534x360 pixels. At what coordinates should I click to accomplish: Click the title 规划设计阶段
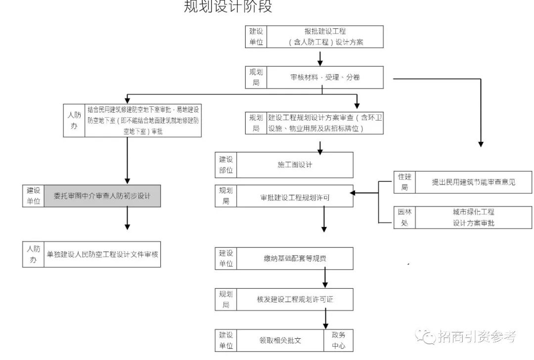pyautogui.click(x=228, y=6)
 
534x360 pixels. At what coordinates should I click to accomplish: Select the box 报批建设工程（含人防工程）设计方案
pyautogui.click(x=325, y=37)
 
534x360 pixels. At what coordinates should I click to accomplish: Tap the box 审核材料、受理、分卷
pyautogui.click(x=325, y=77)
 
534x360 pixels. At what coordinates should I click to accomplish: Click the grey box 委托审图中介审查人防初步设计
pyautogui.click(x=102, y=196)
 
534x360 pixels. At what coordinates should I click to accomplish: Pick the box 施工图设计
pyautogui.click(x=295, y=165)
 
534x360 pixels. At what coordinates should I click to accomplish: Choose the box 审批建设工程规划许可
pyautogui.click(x=295, y=197)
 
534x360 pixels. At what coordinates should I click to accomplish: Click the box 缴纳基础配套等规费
pyautogui.click(x=295, y=259)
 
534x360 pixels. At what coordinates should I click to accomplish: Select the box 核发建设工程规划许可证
pyautogui.click(x=295, y=299)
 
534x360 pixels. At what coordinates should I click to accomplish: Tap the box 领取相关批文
pyautogui.click(x=280, y=340)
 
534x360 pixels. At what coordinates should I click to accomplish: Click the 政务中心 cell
pyautogui.click(x=339, y=340)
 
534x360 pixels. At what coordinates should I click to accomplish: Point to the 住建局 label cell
pyautogui.click(x=404, y=182)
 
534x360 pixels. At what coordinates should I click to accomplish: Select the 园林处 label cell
pyautogui.click(x=404, y=218)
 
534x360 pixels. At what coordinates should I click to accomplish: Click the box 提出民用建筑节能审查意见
pyautogui.click(x=473, y=182)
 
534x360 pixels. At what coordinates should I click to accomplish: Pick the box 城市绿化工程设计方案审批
pyautogui.click(x=473, y=218)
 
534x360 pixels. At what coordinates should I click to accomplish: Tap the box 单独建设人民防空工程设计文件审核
pyautogui.click(x=102, y=254)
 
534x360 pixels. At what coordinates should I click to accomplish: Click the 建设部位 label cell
pyautogui.click(x=226, y=165)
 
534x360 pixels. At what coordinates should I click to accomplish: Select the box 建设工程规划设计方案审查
pyautogui.click(x=325, y=123)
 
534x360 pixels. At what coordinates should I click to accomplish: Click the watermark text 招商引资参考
pyautogui.click(x=477, y=337)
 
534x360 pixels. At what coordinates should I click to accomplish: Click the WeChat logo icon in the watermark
pyautogui.click(x=425, y=337)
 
